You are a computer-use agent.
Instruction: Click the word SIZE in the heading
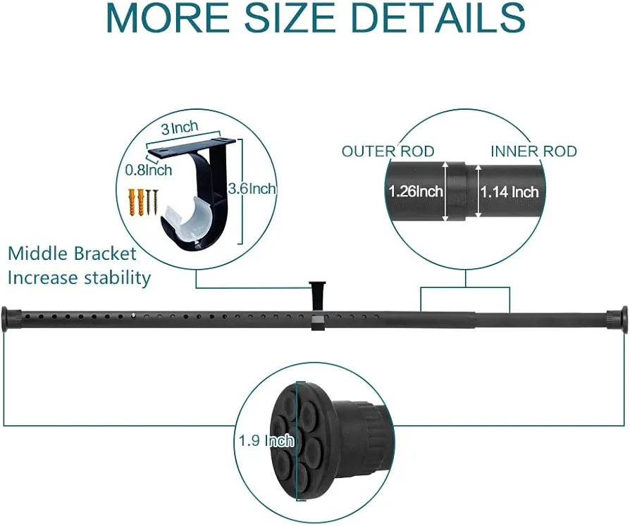coord(290,18)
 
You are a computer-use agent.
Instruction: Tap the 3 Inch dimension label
coord(180,127)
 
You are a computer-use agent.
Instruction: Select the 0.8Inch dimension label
coord(149,170)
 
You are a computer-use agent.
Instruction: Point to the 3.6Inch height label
coord(252,188)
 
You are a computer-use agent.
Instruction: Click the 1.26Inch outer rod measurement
coord(416,191)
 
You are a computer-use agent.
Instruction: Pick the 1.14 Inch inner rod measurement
coord(509,192)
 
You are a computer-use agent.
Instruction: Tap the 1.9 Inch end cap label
coord(266,441)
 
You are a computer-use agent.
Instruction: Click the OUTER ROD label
coord(388,151)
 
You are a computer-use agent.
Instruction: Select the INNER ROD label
coord(533,151)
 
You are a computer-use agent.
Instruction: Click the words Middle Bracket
coord(73,253)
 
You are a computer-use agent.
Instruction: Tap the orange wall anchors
coord(136,202)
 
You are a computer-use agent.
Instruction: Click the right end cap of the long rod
coord(617,320)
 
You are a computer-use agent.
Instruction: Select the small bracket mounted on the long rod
coord(317,305)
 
